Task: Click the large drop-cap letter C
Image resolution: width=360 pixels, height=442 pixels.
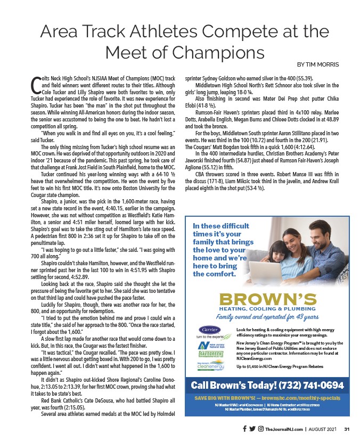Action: point(36,84)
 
